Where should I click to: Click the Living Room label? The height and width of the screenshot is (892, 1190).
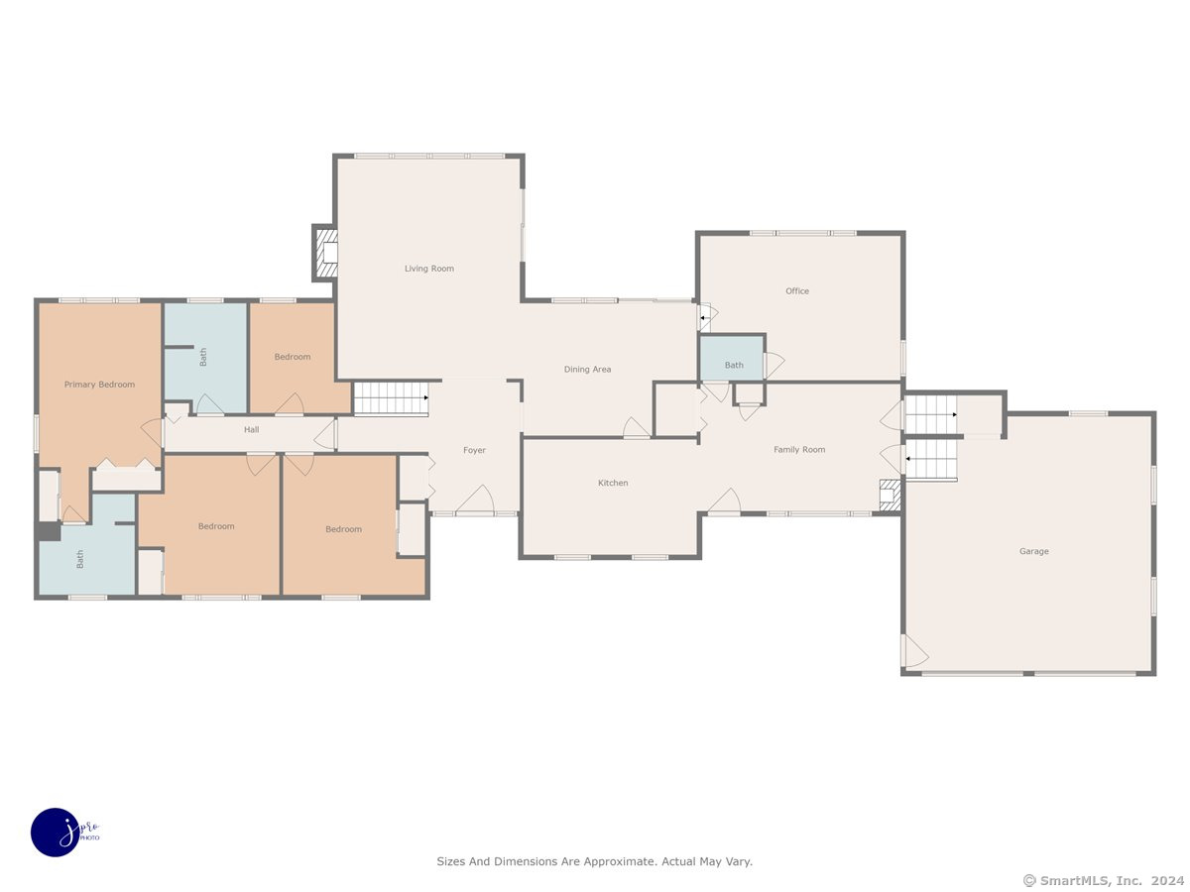tap(428, 269)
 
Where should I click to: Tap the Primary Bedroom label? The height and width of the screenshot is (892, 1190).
tap(99, 385)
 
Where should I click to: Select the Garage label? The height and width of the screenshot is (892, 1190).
tap(1034, 551)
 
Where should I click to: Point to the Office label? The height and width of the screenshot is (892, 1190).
tap(797, 290)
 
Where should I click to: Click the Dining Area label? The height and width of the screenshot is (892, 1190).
tap(587, 370)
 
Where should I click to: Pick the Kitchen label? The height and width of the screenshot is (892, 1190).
tap(613, 483)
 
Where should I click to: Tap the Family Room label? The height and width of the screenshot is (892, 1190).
tap(799, 450)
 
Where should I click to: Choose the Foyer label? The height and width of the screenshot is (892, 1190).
tap(474, 450)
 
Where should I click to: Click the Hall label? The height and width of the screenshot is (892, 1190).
tap(251, 429)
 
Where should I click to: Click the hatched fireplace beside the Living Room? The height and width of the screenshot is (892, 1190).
tap(324, 253)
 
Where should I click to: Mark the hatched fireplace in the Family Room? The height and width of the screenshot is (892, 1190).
tap(890, 495)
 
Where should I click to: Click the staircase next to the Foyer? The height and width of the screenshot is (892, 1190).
tap(391, 398)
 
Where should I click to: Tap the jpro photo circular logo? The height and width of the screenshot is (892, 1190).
tap(56, 833)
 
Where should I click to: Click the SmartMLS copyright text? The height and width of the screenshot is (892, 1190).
tap(1104, 881)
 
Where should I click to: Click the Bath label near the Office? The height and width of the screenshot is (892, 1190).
tap(734, 365)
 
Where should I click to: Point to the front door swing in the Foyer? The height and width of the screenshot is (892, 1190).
tap(475, 499)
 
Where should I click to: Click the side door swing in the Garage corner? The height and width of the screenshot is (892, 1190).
tap(915, 651)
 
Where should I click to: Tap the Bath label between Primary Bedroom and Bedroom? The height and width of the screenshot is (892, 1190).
tap(203, 357)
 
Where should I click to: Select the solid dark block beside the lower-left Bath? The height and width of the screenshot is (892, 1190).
tap(49, 531)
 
